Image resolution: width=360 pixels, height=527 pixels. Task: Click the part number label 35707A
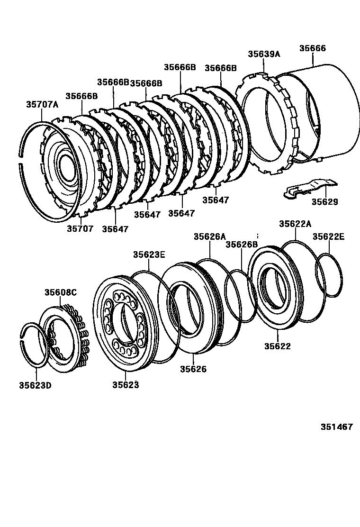(42, 105)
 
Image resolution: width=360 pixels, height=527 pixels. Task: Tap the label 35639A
(264, 54)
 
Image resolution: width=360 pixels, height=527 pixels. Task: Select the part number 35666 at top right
(313, 48)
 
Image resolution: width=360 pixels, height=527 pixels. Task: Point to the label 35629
(324, 202)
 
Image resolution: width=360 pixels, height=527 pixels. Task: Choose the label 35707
(80, 229)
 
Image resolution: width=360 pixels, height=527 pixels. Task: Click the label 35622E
(328, 236)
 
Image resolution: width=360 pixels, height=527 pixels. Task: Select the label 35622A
(295, 224)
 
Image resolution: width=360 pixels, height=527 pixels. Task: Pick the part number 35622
(277, 346)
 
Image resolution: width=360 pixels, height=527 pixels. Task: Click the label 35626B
(241, 245)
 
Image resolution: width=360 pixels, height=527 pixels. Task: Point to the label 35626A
(209, 236)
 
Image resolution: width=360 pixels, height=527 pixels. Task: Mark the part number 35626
(193, 369)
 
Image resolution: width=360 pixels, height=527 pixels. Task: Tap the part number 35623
(126, 385)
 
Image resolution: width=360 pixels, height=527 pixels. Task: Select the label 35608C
(61, 292)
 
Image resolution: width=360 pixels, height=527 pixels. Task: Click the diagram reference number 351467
(337, 427)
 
